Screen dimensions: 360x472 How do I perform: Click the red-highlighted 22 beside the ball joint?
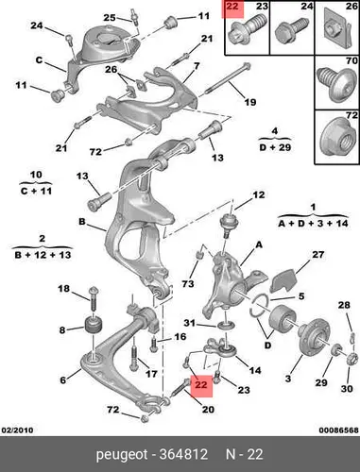click(x=201, y=385)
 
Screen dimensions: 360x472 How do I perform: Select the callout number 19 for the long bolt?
click(x=250, y=102)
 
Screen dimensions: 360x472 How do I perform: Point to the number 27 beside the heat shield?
click(x=317, y=254)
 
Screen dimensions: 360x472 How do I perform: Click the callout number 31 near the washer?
click(x=190, y=323)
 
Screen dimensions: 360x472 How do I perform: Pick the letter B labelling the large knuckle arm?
click(x=82, y=222)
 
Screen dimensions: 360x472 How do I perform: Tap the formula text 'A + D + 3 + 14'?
click(x=313, y=224)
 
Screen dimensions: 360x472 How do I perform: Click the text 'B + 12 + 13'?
click(x=43, y=255)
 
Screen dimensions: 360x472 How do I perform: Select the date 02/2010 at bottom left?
click(x=18, y=430)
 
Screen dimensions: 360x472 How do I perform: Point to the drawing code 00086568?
click(x=339, y=430)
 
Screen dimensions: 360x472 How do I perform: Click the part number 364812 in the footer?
click(x=183, y=454)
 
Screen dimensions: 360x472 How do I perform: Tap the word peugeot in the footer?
click(x=122, y=455)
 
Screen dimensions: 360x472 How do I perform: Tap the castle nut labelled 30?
click(x=352, y=358)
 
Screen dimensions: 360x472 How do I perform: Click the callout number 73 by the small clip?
click(x=188, y=284)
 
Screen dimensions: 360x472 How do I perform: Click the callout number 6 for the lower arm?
click(x=63, y=379)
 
